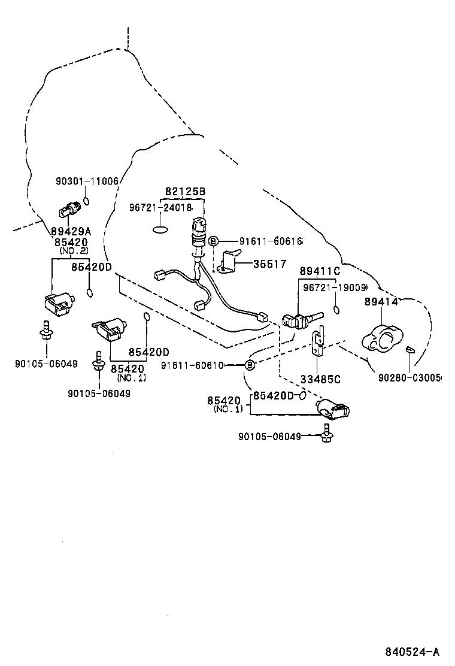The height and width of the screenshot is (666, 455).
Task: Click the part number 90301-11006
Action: click(87, 181)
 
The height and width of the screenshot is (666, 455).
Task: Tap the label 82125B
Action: click(185, 192)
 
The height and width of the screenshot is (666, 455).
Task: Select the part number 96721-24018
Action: click(160, 207)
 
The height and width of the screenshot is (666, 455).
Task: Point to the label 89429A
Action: click(71, 231)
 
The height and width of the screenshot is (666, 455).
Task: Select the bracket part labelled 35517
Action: click(228, 262)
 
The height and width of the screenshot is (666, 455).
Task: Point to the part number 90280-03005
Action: click(409, 377)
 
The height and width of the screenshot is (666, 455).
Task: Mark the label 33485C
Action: click(320, 379)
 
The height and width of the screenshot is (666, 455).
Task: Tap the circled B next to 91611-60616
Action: click(212, 241)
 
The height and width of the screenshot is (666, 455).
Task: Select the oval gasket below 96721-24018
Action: click(161, 228)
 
